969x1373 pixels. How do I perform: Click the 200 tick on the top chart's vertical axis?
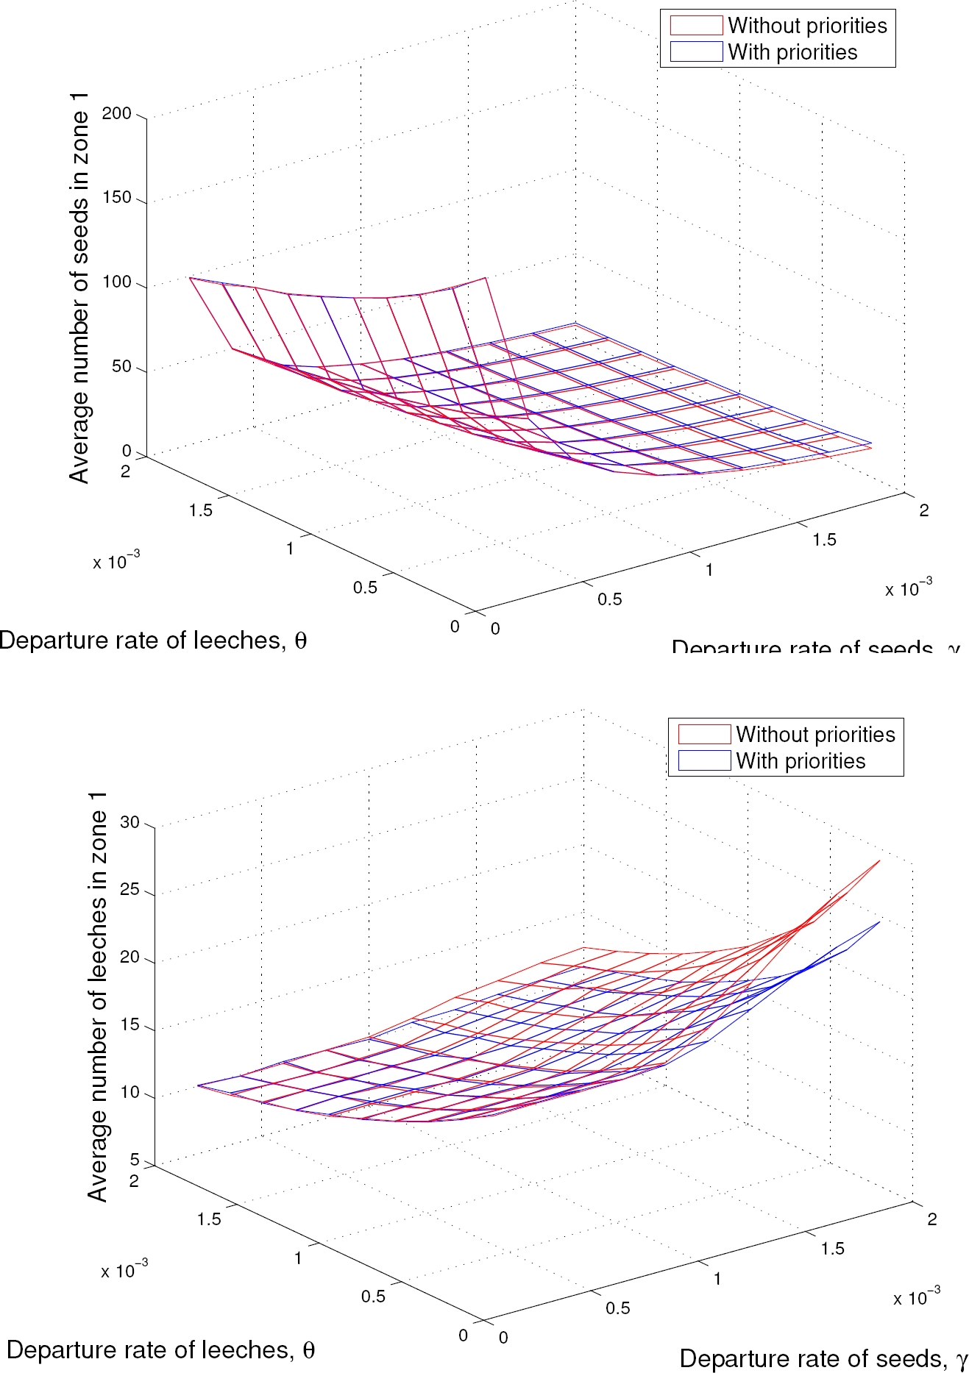tap(117, 113)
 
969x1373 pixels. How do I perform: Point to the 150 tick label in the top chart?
tap(117, 197)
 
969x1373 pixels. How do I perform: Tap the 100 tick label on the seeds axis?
tap(117, 282)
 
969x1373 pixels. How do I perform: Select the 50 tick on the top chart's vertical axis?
tap(121, 366)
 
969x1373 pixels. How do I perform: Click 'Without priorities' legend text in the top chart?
tap(807, 26)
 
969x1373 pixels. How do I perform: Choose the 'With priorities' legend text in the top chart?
tap(792, 52)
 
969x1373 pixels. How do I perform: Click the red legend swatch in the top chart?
tap(695, 26)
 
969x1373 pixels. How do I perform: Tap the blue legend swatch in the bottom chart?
tap(704, 760)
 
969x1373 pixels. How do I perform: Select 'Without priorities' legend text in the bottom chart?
tap(815, 735)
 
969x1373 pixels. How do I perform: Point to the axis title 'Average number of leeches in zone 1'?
tap(98, 996)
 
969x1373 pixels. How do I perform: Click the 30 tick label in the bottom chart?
tap(129, 822)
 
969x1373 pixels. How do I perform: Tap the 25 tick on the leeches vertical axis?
tap(129, 889)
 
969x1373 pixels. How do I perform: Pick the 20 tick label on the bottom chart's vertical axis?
tap(129, 957)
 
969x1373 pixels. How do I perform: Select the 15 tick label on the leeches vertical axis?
tap(129, 1024)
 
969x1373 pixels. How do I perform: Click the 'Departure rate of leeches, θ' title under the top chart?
tap(153, 641)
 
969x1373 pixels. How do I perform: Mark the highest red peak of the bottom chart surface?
tap(879, 860)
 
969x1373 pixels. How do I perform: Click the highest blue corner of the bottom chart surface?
tap(879, 922)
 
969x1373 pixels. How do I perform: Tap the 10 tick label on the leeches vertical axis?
tap(129, 1092)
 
